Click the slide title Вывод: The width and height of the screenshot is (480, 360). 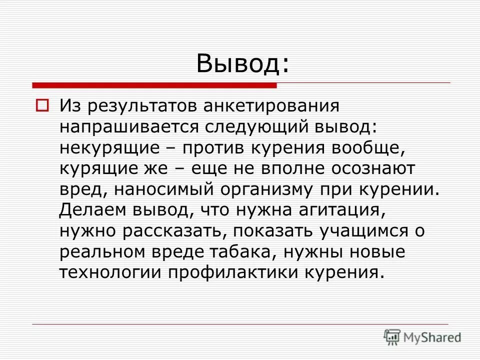coord(242,64)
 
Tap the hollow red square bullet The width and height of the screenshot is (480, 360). coord(42,106)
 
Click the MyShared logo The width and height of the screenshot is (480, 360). coord(423,337)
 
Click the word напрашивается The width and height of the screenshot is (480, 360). coord(129,127)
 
